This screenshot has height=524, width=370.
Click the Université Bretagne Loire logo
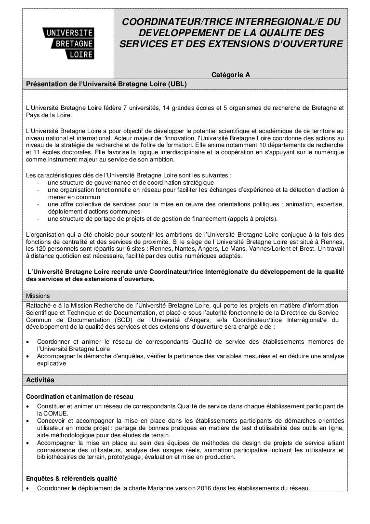click(x=68, y=42)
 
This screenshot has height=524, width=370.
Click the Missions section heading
click(x=39, y=296)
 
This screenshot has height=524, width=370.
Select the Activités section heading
click(x=40, y=380)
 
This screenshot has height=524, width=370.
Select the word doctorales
click(x=71, y=152)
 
